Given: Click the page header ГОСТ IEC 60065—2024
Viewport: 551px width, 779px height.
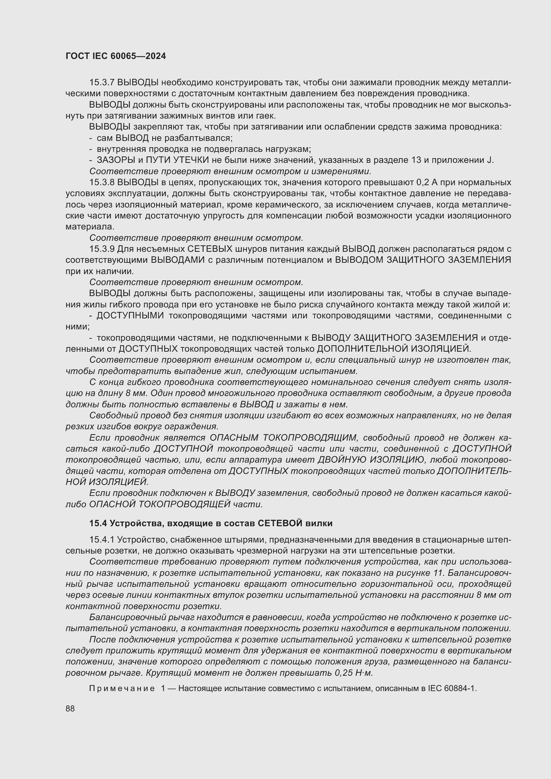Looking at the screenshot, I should coord(116,56).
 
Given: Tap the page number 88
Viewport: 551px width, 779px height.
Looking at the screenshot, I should coord(70,709).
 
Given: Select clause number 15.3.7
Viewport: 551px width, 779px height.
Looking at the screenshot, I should coord(102,83).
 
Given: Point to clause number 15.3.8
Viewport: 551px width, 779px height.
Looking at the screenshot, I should coord(102,183).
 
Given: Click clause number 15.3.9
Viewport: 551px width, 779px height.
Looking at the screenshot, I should coord(102,249).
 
